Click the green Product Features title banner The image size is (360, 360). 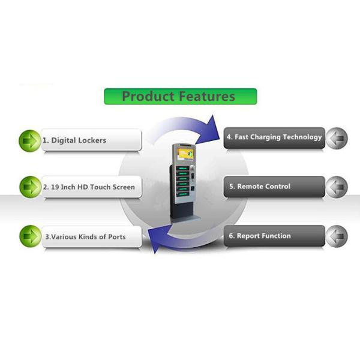coord(180,96)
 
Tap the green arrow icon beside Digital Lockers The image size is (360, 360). coord(29,140)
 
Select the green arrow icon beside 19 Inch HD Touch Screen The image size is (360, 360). coord(29,187)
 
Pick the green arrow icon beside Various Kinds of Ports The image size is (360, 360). coord(29,236)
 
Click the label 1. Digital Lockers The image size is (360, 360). coord(78,140)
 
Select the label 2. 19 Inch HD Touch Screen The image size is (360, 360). coord(89,187)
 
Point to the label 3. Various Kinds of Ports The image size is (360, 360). coord(85,236)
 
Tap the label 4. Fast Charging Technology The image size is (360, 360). coord(274,137)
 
